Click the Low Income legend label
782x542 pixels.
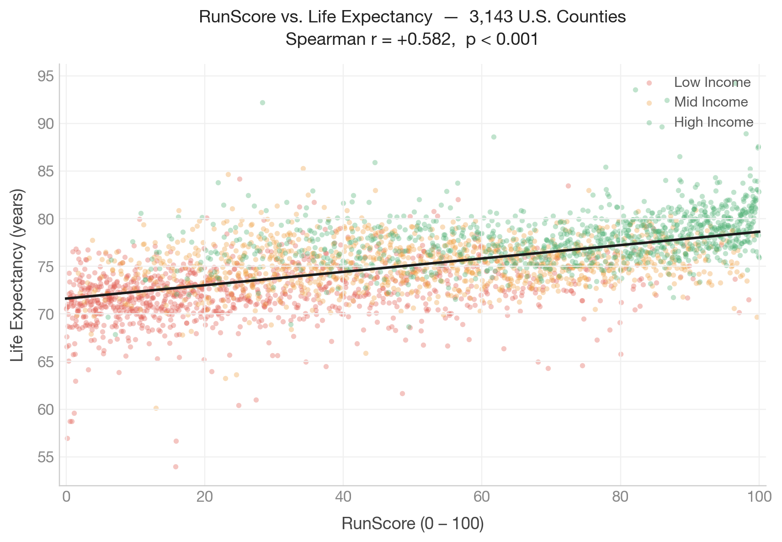(712, 82)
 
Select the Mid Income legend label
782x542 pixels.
(711, 102)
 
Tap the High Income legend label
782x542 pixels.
(713, 122)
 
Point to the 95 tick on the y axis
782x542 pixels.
(45, 76)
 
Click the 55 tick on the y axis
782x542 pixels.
(45, 457)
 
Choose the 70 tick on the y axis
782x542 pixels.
(45, 314)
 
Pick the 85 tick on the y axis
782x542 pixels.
(45, 172)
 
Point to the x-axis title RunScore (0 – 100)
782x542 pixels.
(412, 524)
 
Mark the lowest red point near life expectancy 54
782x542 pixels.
(176, 467)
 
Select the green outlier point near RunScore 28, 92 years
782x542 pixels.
(262, 102)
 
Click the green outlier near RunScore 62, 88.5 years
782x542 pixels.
(494, 137)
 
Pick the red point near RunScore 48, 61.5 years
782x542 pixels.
(402, 393)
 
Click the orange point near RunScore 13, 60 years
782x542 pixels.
(156, 408)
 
